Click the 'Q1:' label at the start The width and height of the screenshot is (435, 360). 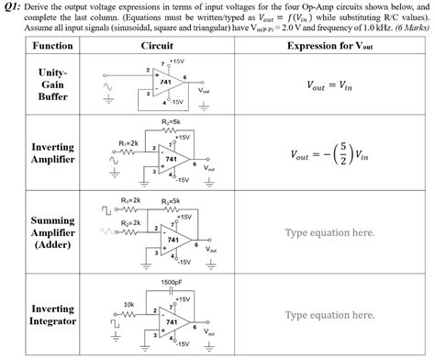pos(14,6)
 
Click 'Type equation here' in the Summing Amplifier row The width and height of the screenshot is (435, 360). pos(329,232)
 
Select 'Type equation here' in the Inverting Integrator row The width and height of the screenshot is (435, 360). pos(329,315)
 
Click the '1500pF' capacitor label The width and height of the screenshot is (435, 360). pos(171,281)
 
